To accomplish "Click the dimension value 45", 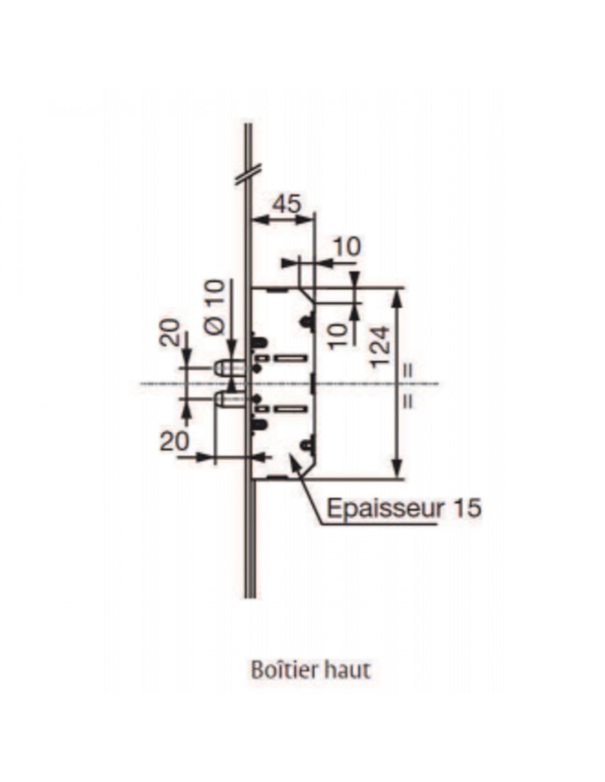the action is point(286,205).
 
